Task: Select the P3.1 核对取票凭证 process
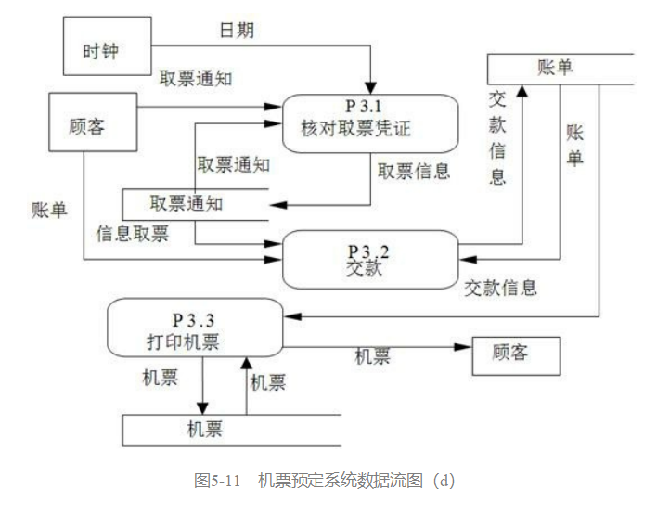[x=371, y=122]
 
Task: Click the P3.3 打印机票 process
[x=194, y=327]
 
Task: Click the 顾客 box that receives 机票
[x=516, y=354]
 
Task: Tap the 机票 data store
[x=204, y=429]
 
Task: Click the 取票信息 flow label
[x=413, y=171]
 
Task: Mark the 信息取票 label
[x=133, y=233]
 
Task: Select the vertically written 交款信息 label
[x=498, y=137]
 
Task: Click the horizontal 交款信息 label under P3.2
[x=501, y=288]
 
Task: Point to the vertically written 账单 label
[x=574, y=145]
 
